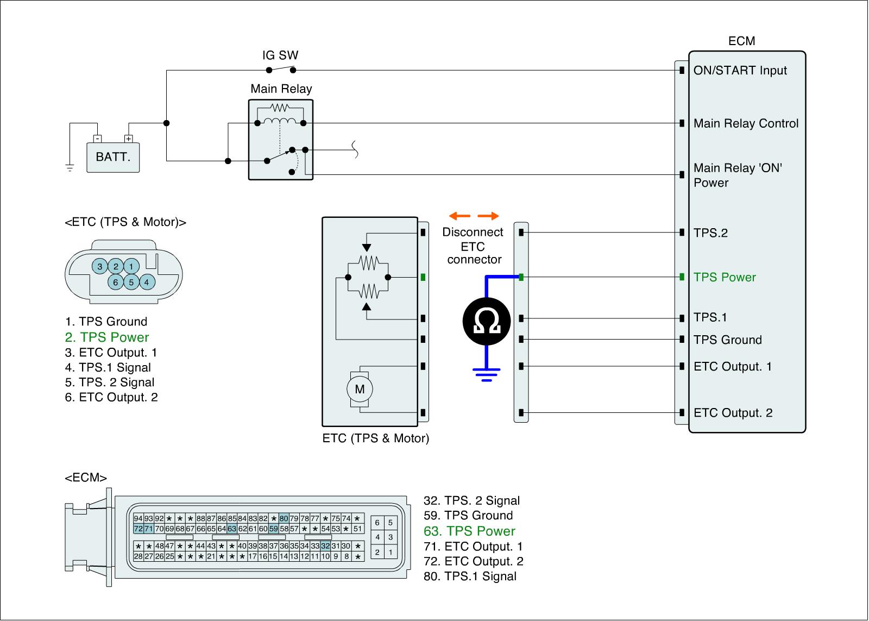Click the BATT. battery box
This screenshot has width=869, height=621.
(113, 157)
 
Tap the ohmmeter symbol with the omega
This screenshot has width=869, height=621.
(487, 321)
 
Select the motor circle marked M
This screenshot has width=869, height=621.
(360, 389)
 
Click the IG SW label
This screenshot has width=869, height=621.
(280, 55)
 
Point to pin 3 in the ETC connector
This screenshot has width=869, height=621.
(100, 266)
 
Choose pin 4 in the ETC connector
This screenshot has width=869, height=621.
(147, 282)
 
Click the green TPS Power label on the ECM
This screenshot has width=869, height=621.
(725, 277)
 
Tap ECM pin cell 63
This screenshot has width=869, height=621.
(232, 529)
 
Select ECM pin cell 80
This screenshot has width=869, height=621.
(284, 518)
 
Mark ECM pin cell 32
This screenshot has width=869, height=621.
(325, 545)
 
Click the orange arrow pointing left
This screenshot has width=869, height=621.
(459, 216)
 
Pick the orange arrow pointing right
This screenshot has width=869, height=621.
(488, 216)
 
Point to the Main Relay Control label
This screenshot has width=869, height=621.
(746, 123)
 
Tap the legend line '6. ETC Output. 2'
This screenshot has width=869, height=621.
(111, 398)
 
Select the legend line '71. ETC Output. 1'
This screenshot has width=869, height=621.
(473, 547)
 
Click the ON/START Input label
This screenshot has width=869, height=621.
(740, 70)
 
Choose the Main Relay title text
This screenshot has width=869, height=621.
(281, 89)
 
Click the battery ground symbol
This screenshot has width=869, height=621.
(70, 168)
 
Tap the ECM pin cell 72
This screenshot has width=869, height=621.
(138, 529)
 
